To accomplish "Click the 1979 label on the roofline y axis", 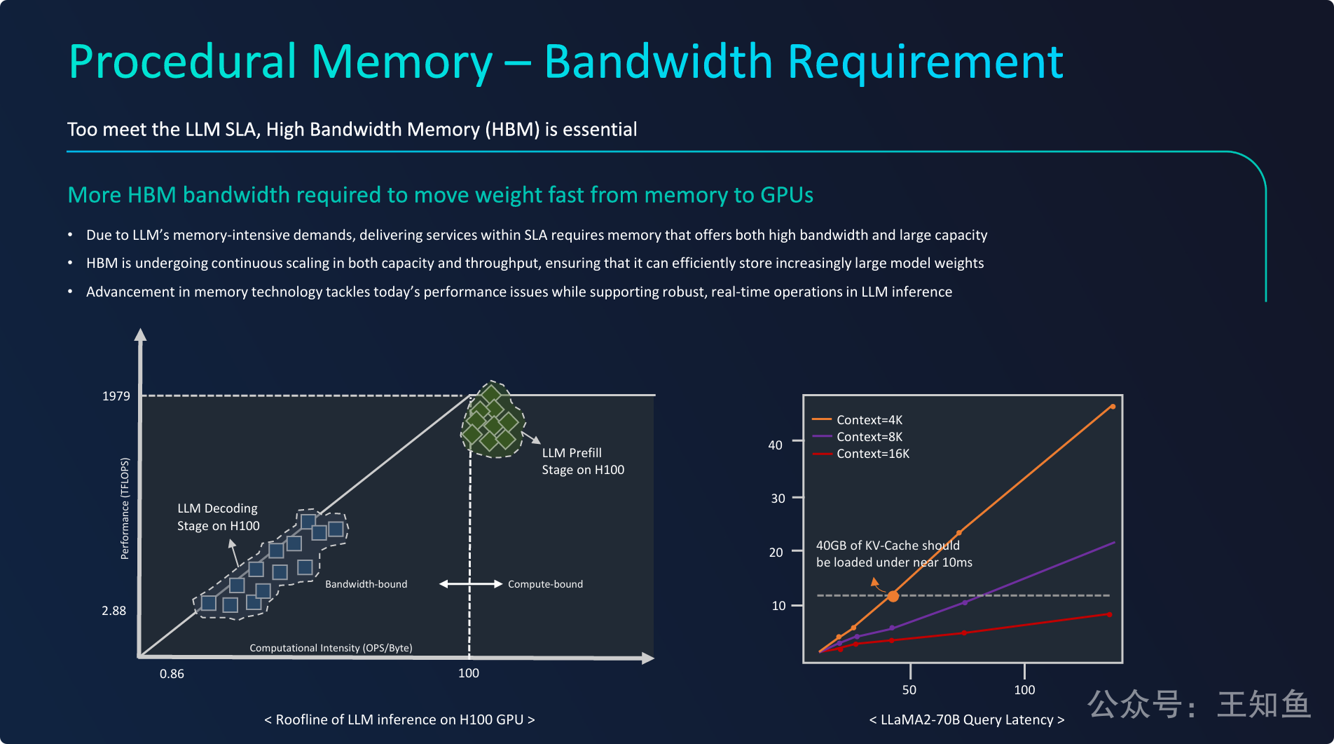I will pyautogui.click(x=116, y=396).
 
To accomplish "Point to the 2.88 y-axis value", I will pyautogui.click(x=114, y=611).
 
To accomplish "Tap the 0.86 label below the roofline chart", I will pyautogui.click(x=172, y=674).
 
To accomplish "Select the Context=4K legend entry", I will pyautogui.click(x=869, y=420).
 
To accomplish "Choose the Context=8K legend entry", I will pyautogui.click(x=869, y=437).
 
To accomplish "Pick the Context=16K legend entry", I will pyautogui.click(x=872, y=454).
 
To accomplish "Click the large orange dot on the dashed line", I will pyautogui.click(x=893, y=596).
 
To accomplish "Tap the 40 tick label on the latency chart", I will pyautogui.click(x=776, y=445).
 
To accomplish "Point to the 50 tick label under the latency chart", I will pyautogui.click(x=909, y=690).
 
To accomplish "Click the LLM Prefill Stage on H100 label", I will pyautogui.click(x=582, y=461).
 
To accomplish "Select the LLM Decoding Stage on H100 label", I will pyautogui.click(x=218, y=517).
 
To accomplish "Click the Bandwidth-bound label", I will pyautogui.click(x=366, y=584).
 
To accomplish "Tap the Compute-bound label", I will pyautogui.click(x=545, y=584).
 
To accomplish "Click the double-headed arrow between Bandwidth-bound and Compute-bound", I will pyautogui.click(x=470, y=584).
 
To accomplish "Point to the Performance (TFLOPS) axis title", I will pyautogui.click(x=125, y=508).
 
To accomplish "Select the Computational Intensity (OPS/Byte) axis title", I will pyautogui.click(x=331, y=648).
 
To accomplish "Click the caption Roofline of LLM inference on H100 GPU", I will pyautogui.click(x=399, y=719).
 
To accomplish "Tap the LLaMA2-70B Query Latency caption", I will pyautogui.click(x=967, y=719).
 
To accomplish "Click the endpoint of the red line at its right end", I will pyautogui.click(x=1110, y=614).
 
